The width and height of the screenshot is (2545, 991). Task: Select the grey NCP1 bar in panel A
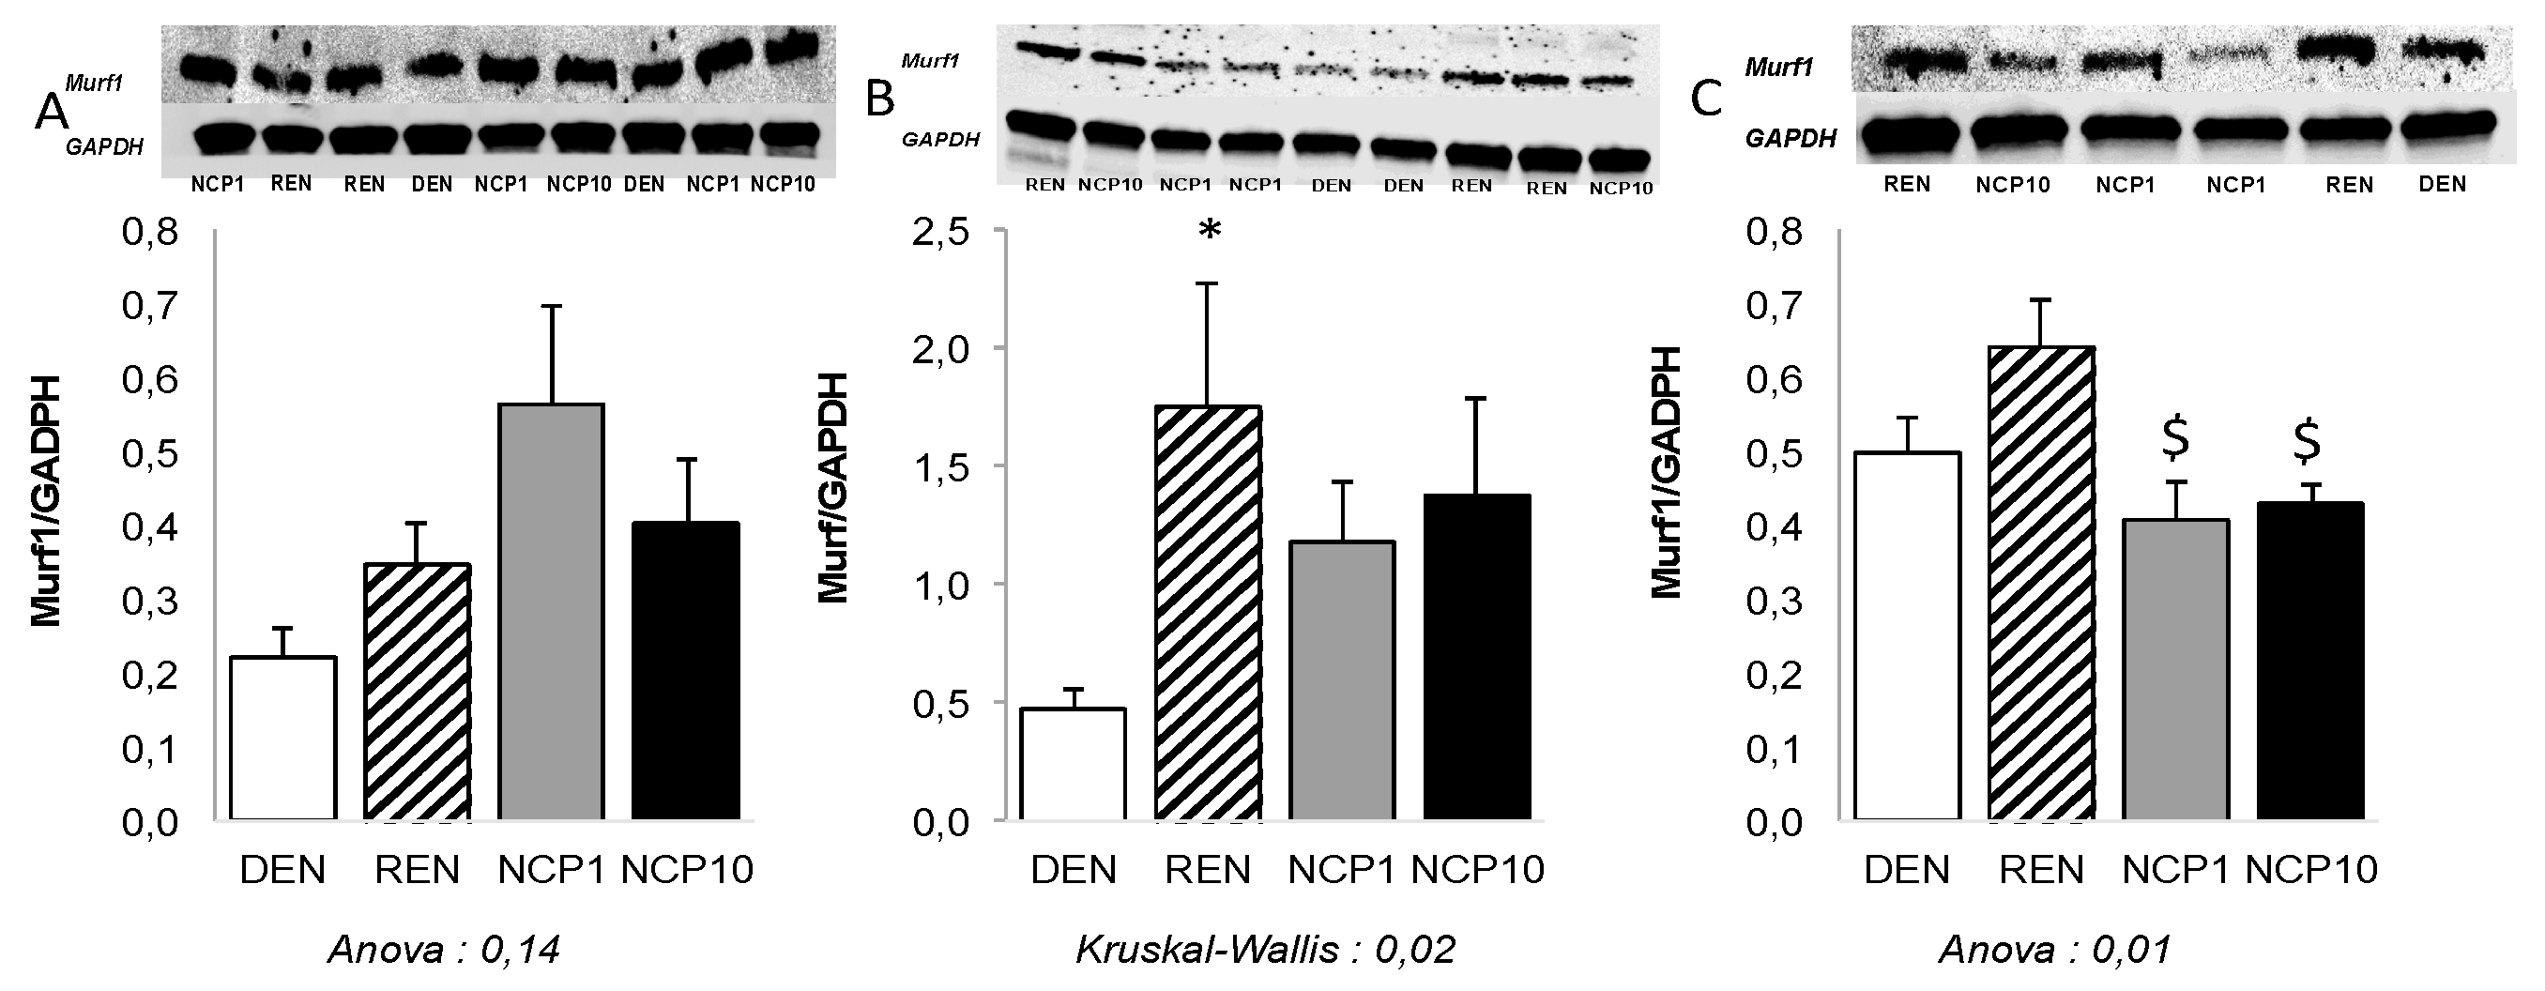point(551,612)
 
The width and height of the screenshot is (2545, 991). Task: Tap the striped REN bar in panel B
point(1208,613)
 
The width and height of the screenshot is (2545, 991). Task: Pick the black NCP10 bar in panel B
point(1477,657)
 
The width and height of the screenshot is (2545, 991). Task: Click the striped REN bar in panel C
point(2041,583)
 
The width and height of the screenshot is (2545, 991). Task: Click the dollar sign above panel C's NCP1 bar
point(2174,440)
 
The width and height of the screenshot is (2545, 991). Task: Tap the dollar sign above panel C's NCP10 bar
point(2307,442)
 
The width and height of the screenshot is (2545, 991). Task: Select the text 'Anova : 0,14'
point(444,951)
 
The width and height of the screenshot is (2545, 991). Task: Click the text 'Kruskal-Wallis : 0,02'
point(1265,951)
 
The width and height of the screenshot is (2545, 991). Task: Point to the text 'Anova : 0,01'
point(2055,951)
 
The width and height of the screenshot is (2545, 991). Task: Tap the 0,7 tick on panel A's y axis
point(150,306)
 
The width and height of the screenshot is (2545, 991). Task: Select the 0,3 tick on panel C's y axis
point(1775,601)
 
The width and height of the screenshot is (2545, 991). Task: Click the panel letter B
point(879,99)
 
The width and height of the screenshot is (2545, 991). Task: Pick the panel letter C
point(1706,99)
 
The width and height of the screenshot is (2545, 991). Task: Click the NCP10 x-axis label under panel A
point(688,870)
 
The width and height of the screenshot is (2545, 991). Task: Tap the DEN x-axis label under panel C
point(1907,870)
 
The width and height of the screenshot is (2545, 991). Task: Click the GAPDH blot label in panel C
point(1791,138)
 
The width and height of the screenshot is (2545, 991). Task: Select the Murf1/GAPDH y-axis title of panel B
point(833,489)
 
